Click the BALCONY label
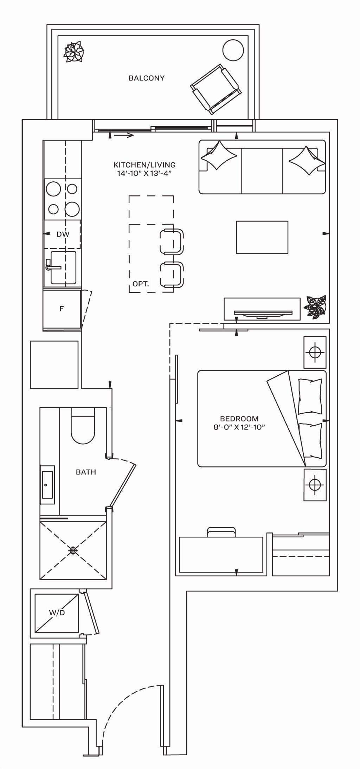(146, 78)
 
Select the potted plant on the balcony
(74, 52)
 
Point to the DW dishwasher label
(63, 234)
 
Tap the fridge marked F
(62, 309)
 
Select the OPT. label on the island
(141, 284)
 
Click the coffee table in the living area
(262, 237)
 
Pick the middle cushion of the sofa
(262, 171)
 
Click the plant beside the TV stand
(315, 307)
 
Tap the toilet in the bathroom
(83, 426)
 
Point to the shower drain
(73, 550)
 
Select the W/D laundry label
(57, 613)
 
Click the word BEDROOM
(239, 419)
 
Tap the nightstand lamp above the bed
(315, 352)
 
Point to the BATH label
(86, 472)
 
